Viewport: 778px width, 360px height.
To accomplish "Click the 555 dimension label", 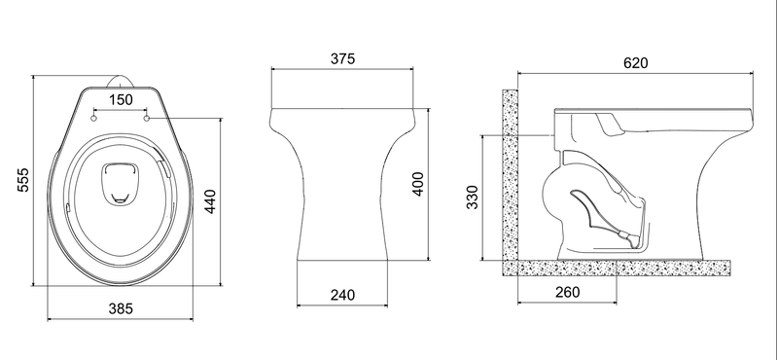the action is (x=23, y=180).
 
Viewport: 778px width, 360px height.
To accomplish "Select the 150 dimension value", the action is (x=121, y=100).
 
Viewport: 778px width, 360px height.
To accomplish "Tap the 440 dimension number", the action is (x=210, y=201).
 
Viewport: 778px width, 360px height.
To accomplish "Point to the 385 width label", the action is (x=121, y=308).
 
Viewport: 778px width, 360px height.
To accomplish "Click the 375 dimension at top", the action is (x=343, y=58).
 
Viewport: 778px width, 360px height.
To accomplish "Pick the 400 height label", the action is (x=418, y=184).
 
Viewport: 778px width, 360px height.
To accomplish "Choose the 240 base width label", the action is (x=343, y=295).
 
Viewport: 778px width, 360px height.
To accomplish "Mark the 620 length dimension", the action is (x=636, y=63).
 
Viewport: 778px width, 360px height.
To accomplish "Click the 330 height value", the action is (x=473, y=198).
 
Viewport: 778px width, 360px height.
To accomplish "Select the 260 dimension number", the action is (x=567, y=293).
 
